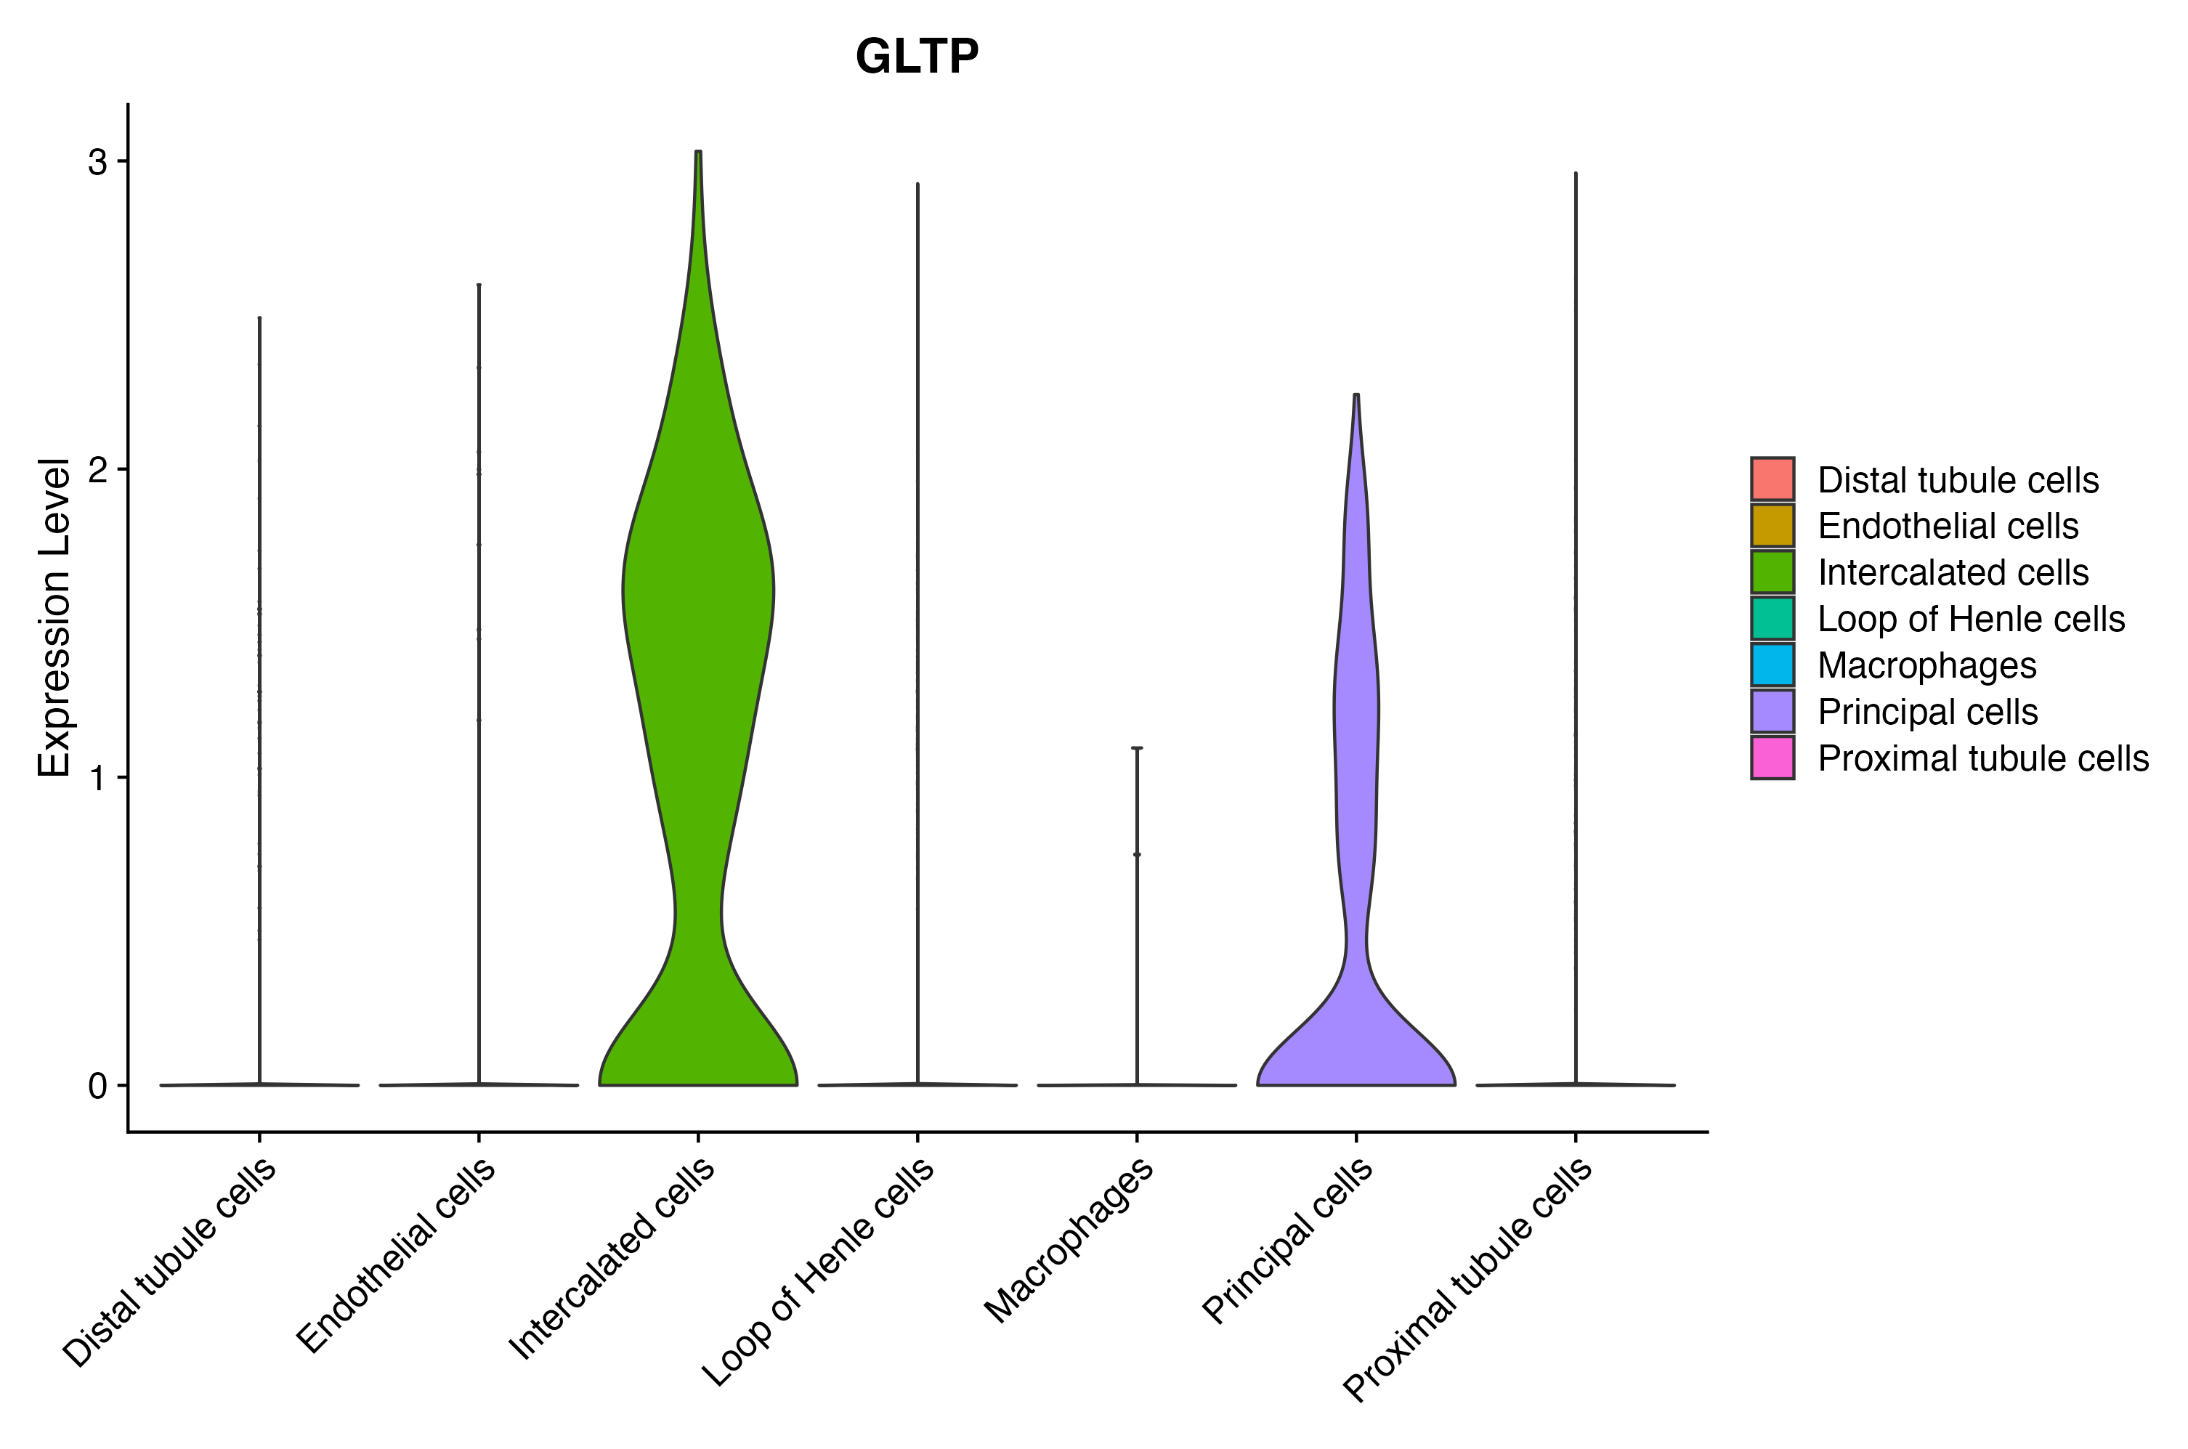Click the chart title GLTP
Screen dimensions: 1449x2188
click(916, 57)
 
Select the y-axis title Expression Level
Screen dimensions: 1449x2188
click(54, 617)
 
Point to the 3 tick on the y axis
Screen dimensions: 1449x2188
click(97, 163)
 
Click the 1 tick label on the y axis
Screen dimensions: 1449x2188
click(97, 778)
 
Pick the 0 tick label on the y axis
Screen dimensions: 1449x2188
click(97, 1086)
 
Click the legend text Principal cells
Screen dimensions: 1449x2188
click(1927, 712)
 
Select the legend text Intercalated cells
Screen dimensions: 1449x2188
click(1953, 572)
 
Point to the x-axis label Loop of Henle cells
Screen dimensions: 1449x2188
click(819, 1272)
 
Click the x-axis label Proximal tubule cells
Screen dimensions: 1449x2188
click(1467, 1280)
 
